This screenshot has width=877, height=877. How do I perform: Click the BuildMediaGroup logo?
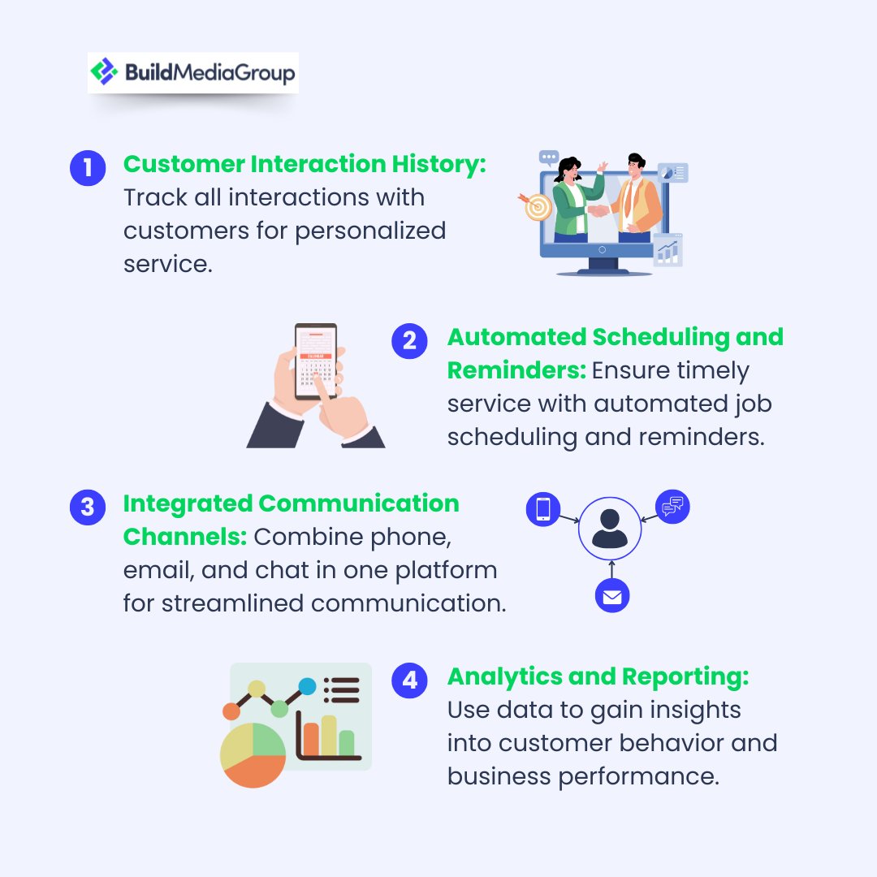point(192,73)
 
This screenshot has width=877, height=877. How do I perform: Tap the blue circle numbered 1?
point(88,168)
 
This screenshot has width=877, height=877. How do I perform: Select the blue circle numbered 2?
point(409,341)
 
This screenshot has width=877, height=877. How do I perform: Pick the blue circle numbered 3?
point(88,508)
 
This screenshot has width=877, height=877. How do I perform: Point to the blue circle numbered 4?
point(409,680)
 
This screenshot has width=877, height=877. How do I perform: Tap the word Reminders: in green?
point(516,370)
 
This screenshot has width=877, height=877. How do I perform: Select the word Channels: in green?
point(185,537)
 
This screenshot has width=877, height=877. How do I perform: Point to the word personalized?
point(370,231)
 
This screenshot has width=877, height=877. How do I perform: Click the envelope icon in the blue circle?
point(612,597)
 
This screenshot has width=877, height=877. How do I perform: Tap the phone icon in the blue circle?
point(543,509)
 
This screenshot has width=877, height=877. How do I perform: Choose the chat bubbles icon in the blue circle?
point(672,507)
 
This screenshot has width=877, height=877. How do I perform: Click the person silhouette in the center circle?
point(610,529)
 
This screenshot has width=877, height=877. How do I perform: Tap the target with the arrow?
point(537,206)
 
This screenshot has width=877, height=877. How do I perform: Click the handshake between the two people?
point(599,210)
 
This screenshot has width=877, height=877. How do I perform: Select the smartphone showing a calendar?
point(315,361)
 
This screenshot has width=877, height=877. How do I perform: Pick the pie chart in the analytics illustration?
point(253,754)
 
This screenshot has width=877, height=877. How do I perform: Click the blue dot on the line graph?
point(307,687)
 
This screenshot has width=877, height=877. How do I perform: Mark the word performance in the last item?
point(638,776)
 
